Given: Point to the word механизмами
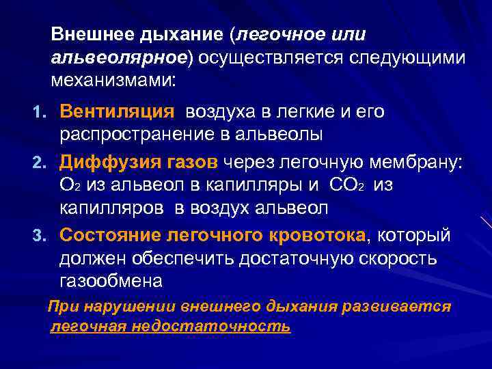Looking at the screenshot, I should click(x=113, y=81).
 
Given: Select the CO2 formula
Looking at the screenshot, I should click(x=349, y=185).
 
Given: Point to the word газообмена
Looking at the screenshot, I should click(x=111, y=281).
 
